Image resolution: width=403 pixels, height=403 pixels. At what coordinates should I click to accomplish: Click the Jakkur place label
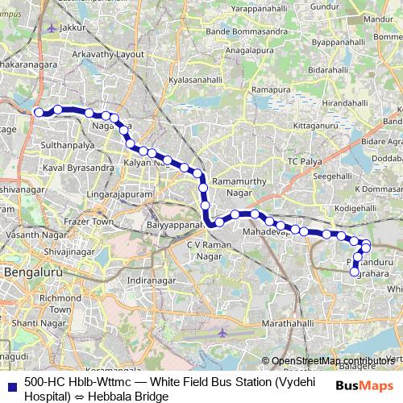pyautogui.click(x=73, y=27)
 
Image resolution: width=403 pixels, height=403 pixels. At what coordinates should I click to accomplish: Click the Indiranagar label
pyautogui.click(x=152, y=280)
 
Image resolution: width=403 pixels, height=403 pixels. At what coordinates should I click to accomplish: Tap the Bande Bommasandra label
pyautogui.click(x=237, y=31)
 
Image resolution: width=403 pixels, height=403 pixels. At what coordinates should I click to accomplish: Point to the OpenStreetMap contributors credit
pyautogui.click(x=335, y=360)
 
